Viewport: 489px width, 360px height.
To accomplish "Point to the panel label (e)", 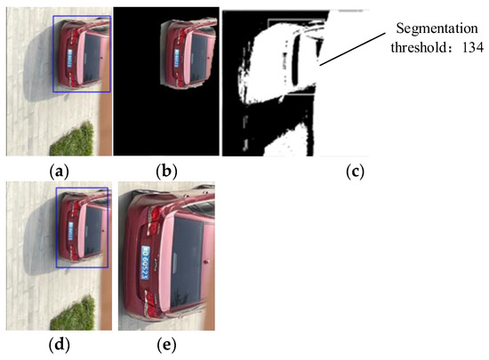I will coord(165,345).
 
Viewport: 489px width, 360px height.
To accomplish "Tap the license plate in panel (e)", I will coord(143,264).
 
